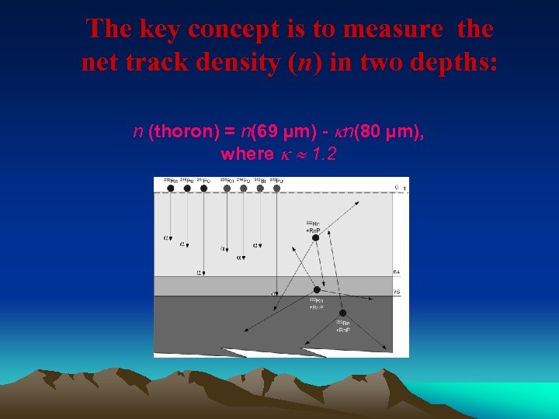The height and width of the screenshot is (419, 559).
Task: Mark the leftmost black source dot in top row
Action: point(169,188)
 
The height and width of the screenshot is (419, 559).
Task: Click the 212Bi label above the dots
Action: point(261,180)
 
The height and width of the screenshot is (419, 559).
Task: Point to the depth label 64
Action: point(396,272)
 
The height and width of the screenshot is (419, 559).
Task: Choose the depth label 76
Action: point(396,292)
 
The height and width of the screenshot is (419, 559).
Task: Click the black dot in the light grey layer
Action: point(315,238)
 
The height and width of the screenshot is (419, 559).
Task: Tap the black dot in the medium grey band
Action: point(317,289)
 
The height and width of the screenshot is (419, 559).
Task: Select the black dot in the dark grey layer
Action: point(342,313)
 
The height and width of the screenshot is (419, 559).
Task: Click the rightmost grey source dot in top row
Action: point(276,188)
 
